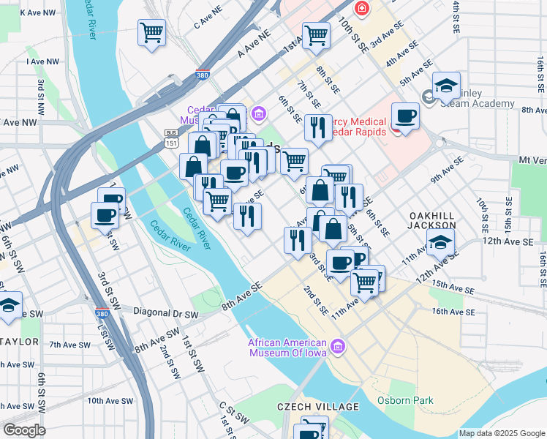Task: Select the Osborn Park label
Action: point(405,400)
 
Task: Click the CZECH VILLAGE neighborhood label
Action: point(318,407)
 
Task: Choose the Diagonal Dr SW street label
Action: point(166,312)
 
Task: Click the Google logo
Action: point(25,430)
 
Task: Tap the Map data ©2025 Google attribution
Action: point(501,433)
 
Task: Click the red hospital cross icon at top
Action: point(361,9)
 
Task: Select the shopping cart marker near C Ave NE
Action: point(151,33)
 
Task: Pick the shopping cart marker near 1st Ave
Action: point(316,35)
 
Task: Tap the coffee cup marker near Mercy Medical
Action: point(405,116)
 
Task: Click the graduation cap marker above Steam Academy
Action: point(446,86)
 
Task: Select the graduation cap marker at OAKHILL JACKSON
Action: point(441,244)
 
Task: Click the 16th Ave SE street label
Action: point(453,312)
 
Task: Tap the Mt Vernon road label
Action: point(532,160)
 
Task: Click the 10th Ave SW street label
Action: point(110,401)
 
